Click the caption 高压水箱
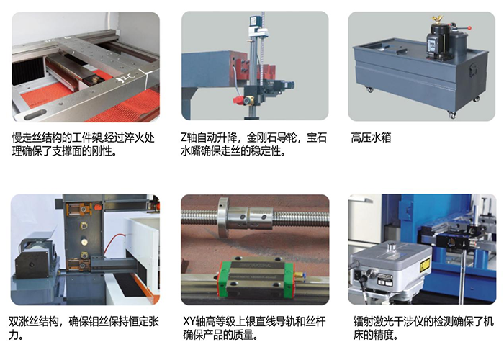pos(371,138)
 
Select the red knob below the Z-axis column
pos(238,101)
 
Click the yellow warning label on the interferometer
pos(425,264)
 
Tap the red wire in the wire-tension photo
pos(117,243)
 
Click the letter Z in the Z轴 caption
pos(184,138)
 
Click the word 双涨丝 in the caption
pos(24,321)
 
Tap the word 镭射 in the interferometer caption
pos(363,321)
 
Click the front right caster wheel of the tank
pos(451,114)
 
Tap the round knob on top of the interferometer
pos(392,246)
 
